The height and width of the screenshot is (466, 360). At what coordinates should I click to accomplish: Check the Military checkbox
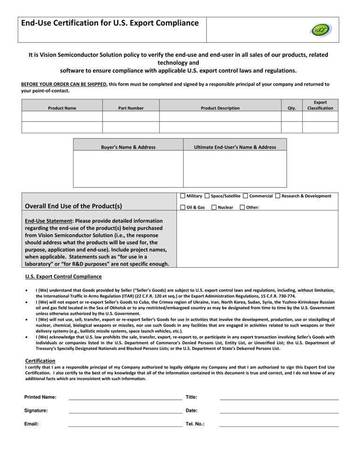coord(183,196)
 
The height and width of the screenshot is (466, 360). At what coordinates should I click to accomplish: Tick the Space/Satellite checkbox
coord(207,196)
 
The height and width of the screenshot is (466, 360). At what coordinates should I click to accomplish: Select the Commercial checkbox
coord(245,196)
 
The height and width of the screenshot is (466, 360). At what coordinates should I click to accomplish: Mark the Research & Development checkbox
coord(278,196)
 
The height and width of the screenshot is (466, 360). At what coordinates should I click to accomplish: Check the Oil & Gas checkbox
coord(183,207)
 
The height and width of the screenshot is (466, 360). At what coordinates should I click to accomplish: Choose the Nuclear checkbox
coord(214,207)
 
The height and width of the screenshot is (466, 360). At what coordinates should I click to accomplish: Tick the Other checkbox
coord(242,207)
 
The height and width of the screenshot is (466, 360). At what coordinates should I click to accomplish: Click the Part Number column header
coord(131,108)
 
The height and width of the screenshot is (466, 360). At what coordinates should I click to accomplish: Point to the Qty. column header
coord(292,108)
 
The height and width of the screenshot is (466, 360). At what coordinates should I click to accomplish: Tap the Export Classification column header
coord(320,105)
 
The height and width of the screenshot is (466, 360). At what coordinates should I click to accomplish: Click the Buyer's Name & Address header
coord(128,147)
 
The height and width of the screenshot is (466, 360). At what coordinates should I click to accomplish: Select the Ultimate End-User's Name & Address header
coord(235,147)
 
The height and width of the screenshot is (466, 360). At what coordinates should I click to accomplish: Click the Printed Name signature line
coord(125,399)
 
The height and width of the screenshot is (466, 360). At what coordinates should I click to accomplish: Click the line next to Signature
coord(125,412)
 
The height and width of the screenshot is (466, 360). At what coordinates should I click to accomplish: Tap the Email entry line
coord(125,426)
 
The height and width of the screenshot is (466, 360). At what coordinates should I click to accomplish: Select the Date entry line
coord(279,412)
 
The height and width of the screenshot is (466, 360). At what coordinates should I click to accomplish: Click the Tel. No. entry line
coord(279,426)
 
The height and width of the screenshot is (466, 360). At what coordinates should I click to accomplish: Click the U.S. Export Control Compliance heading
coord(63,277)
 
